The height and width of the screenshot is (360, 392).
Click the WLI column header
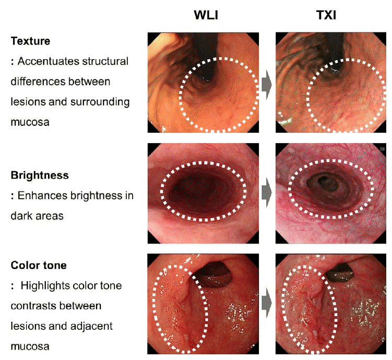pyautogui.click(x=206, y=15)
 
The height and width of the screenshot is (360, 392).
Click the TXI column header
pyautogui.click(x=326, y=15)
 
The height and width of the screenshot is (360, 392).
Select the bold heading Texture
pyautogui.click(x=30, y=41)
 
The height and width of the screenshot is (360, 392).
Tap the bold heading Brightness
pyautogui.click(x=40, y=175)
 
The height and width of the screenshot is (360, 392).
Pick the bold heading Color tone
pyautogui.click(x=39, y=265)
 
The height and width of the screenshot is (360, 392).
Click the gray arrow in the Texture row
pyautogui.click(x=267, y=85)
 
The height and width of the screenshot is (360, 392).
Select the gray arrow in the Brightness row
pyautogui.click(x=267, y=193)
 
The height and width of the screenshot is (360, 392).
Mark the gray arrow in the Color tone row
pyautogui.click(x=267, y=303)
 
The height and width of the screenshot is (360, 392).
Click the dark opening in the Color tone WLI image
pyautogui.click(x=213, y=273)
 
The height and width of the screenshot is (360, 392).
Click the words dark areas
pyautogui.click(x=37, y=216)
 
